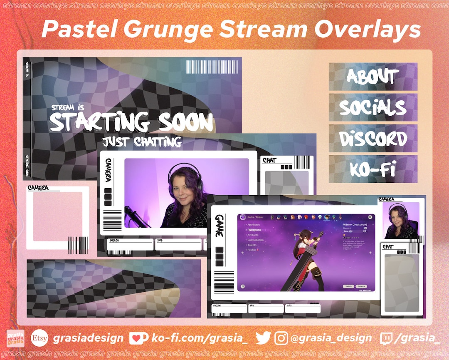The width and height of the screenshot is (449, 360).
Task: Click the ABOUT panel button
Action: click(x=373, y=77)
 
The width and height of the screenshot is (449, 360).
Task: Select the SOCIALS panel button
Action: click(x=373, y=107)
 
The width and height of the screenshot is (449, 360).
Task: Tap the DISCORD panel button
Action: click(x=373, y=139)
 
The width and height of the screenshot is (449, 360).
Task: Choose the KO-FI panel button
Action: click(x=373, y=169)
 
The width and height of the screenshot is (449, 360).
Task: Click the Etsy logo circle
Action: click(x=39, y=338)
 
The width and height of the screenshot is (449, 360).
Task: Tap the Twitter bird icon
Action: click(x=263, y=338)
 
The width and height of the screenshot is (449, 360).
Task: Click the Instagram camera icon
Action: click(x=281, y=338)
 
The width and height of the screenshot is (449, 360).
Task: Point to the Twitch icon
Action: click(x=386, y=338)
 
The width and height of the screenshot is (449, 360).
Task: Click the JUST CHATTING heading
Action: click(x=142, y=142)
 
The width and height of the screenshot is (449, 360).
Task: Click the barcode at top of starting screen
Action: click(x=212, y=67)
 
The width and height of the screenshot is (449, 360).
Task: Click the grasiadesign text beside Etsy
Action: click(x=88, y=338)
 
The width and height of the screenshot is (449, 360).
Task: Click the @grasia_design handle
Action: click(x=331, y=338)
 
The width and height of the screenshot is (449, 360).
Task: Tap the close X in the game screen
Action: click(x=370, y=217)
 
